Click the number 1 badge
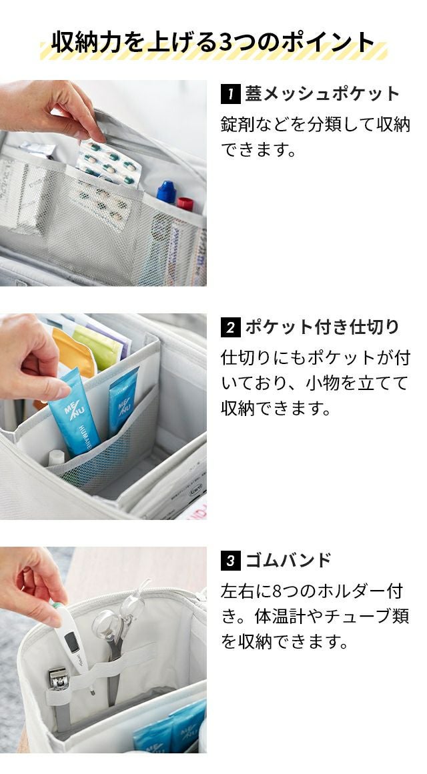[x=230, y=94]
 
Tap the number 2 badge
[x=230, y=328]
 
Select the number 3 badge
[x=230, y=561]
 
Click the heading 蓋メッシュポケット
[x=322, y=94]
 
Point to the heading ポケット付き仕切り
[x=322, y=327]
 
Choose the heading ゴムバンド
[x=289, y=560]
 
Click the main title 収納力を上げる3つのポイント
[x=213, y=42]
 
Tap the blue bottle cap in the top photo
[x=167, y=191]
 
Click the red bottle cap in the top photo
[x=185, y=204]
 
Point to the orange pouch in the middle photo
[x=74, y=351]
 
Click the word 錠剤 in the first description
[x=238, y=124]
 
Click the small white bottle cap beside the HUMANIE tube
[x=56, y=457]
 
